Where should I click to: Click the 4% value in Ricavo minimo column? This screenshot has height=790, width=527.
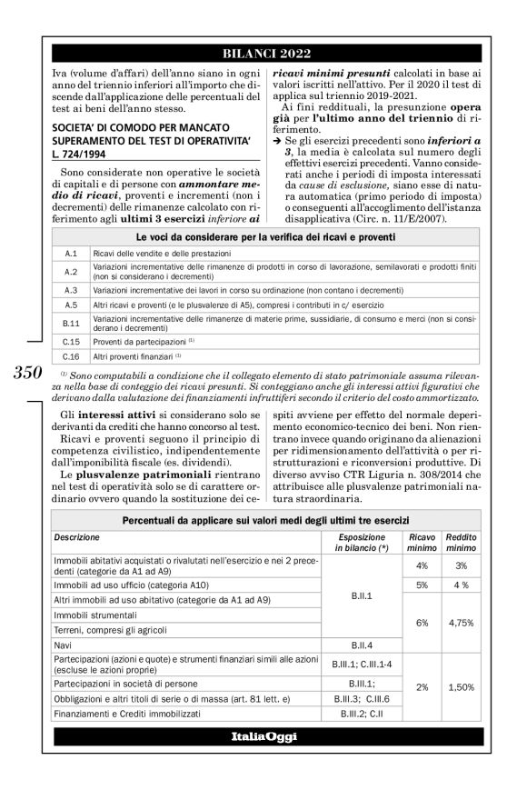click(422, 565)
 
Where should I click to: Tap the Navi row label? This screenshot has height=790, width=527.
click(64, 643)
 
